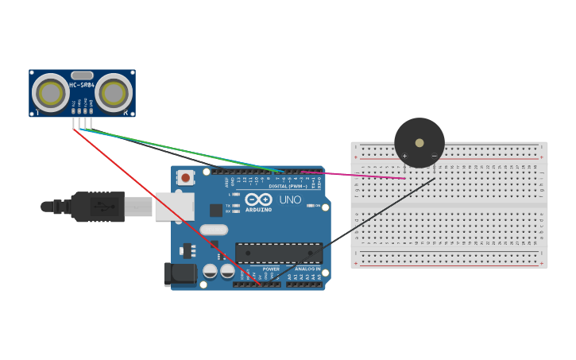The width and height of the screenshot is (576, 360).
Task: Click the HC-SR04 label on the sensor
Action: pos(82,85)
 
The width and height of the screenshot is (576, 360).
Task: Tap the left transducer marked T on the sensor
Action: pos(51,94)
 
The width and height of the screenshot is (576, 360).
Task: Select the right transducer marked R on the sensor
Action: pos(114,94)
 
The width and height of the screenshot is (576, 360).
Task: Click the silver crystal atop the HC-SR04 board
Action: pos(82,75)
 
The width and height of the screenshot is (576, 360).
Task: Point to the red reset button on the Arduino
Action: pos(185,178)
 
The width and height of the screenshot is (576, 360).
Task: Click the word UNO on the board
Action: pos(291,199)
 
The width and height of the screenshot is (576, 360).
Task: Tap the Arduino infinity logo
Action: pos(258,199)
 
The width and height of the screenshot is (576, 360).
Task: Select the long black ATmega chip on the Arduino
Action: pos(278,254)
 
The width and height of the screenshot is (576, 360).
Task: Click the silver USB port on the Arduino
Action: pos(175,206)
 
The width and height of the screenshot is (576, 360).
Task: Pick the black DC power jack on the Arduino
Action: pos(180,274)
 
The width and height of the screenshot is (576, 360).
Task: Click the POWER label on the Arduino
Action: pos(271,269)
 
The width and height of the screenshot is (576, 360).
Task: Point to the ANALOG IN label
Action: pos(307,269)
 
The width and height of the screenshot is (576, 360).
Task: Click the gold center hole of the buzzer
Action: pos(419,142)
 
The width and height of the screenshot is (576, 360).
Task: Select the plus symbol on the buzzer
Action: pos(404,156)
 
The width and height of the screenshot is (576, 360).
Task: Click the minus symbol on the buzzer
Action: pos(434,156)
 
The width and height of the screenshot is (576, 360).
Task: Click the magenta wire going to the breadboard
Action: pos(358,175)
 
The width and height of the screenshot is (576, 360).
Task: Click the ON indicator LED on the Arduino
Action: pos(308,206)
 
